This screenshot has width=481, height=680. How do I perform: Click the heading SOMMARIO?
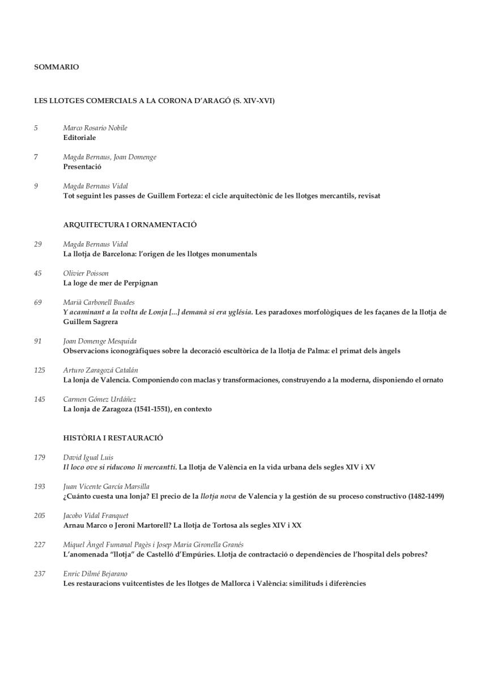[57, 67]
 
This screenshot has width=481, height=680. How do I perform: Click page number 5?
[36, 128]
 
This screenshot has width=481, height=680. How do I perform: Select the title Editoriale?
[79, 138]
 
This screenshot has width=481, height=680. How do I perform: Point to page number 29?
[38, 244]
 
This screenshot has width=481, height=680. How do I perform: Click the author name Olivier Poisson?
[86, 273]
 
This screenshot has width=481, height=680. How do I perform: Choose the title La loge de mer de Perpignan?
[110, 283]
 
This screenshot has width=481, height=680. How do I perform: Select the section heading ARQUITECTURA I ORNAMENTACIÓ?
[130, 225]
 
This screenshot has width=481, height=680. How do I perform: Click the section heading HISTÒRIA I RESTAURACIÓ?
[113, 438]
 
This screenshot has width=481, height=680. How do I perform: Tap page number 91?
[38, 341]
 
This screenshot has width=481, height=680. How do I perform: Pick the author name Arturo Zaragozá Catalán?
[101, 371]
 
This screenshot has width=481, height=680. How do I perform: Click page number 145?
[40, 399]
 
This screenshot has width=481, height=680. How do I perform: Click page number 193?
[40, 487]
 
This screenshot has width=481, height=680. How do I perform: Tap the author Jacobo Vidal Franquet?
[96, 516]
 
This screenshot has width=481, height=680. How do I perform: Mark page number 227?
[40, 545]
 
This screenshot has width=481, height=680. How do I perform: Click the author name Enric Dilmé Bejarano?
[95, 574]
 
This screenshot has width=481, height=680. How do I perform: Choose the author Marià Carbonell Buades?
[99, 303]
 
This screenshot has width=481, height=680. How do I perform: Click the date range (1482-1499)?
[425, 496]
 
